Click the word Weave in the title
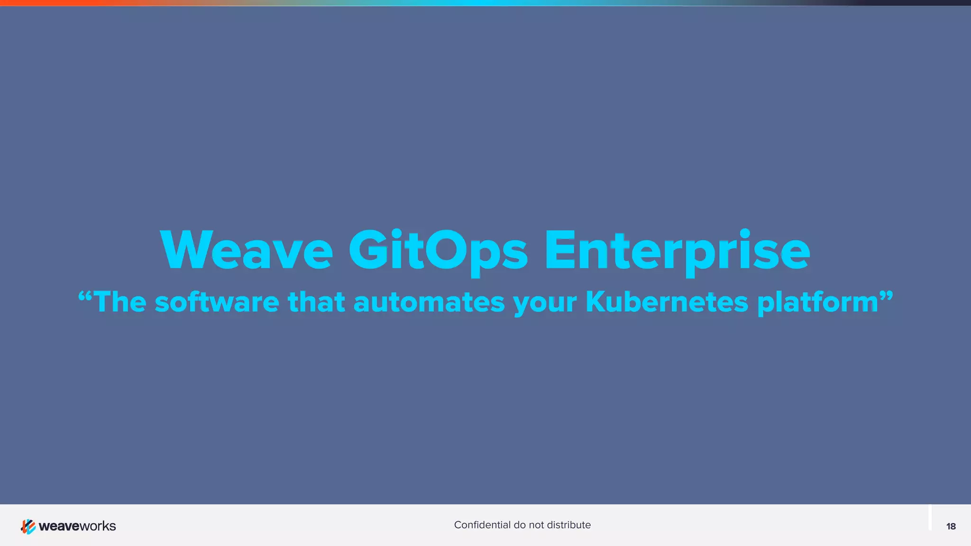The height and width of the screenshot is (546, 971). (x=247, y=250)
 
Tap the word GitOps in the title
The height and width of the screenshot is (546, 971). (x=438, y=250)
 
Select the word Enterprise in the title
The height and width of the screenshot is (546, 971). (x=677, y=250)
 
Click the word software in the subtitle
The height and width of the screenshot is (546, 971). (x=217, y=302)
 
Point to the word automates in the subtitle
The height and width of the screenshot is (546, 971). (x=429, y=302)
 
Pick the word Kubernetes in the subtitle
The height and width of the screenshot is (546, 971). (x=667, y=302)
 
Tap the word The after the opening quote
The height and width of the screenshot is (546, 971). (x=120, y=302)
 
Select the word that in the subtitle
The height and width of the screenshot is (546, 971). (x=316, y=302)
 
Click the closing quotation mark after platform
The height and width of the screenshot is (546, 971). (x=886, y=296)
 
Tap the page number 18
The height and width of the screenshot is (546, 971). (x=951, y=526)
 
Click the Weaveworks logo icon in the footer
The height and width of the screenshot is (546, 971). (x=28, y=526)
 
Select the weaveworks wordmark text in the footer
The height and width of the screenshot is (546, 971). (x=77, y=526)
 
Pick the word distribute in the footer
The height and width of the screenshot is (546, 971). (x=568, y=525)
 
